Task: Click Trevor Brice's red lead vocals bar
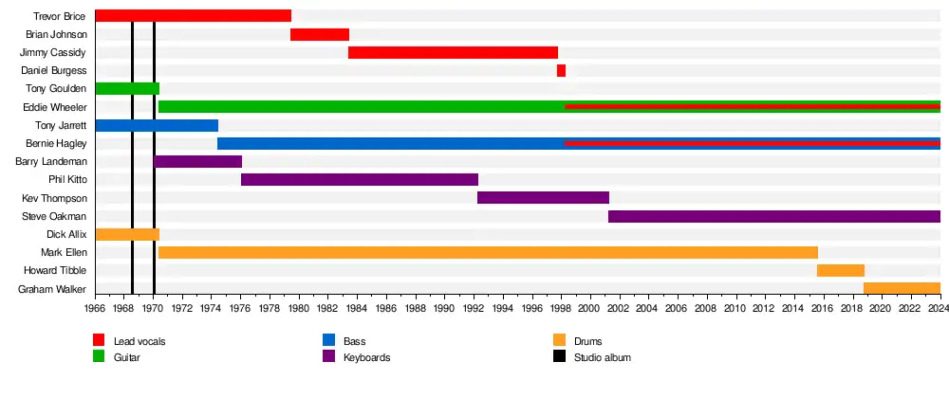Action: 193,16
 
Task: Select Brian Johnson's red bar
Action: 320,35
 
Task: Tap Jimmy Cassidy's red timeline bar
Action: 453,52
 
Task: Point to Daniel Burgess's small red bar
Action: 561,71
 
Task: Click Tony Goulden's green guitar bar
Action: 127,89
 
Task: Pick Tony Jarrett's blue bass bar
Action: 157,125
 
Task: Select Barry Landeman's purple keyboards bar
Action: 197,162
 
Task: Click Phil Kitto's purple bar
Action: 360,180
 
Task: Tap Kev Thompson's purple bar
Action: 543,198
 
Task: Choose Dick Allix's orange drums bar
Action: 127,234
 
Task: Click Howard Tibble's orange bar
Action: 841,271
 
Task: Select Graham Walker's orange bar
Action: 902,289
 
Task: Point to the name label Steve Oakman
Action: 61,216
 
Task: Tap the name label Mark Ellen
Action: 65,252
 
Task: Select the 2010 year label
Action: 735,309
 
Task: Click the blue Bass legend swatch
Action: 328,340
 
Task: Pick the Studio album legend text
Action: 603,357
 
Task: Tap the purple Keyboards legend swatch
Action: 328,357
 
